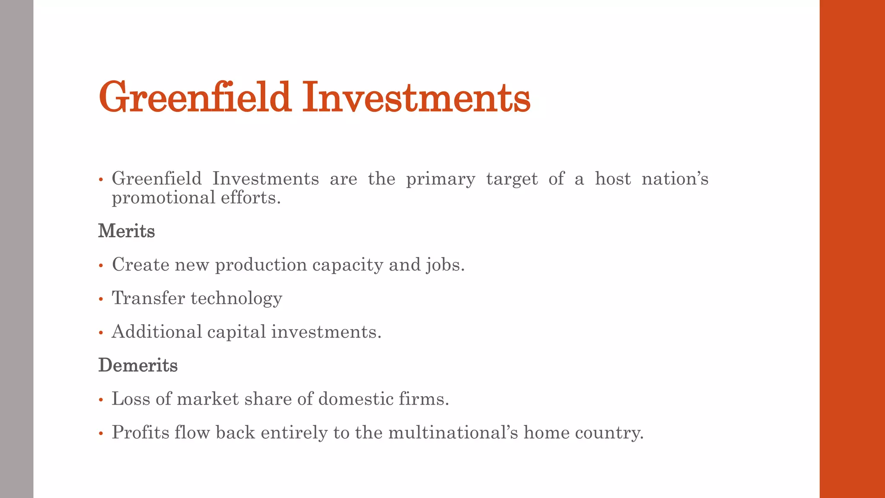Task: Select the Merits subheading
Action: click(x=126, y=231)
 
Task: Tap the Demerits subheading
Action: click(x=138, y=365)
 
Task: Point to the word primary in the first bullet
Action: click(x=440, y=179)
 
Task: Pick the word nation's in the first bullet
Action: click(x=675, y=179)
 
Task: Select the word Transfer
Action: click(x=148, y=298)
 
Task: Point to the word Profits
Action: click(x=140, y=432)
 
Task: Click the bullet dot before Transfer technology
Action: click(x=101, y=299)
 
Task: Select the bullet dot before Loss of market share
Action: click(x=101, y=400)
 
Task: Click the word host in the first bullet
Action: click(x=613, y=179)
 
